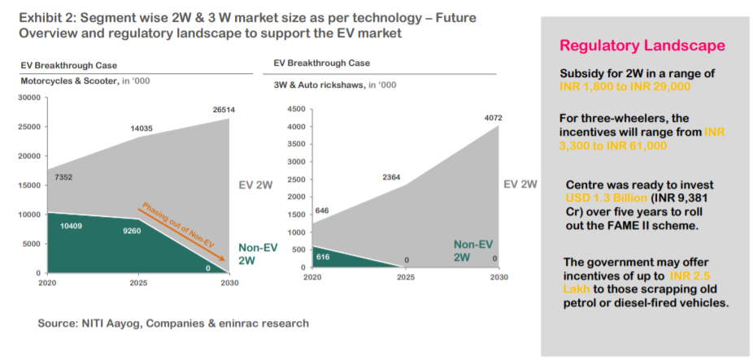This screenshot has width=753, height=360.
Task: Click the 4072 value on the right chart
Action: point(490,118)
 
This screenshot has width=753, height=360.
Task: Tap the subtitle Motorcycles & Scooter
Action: point(67,81)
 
